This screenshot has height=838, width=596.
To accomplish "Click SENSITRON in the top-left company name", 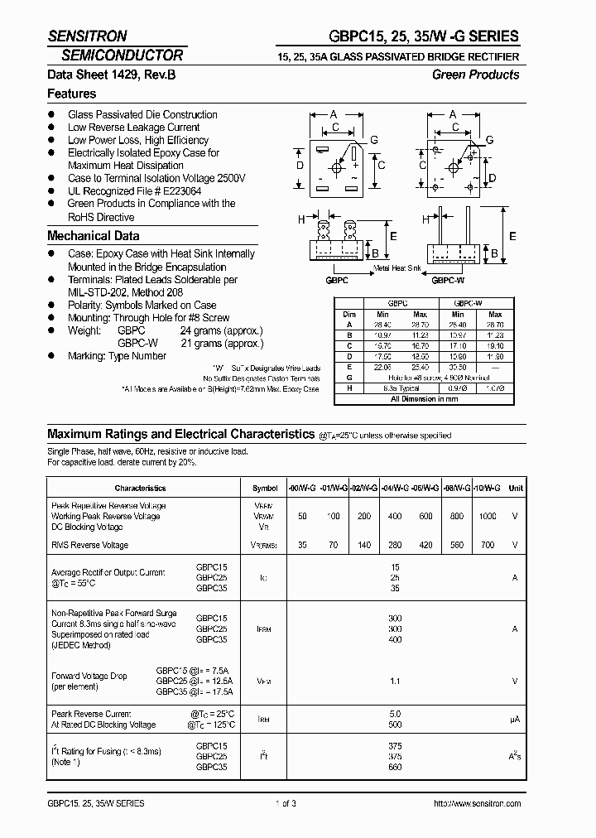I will [x=87, y=36].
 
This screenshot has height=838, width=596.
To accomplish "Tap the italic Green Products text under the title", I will [x=475, y=75].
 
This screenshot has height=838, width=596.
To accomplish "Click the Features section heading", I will [x=71, y=94].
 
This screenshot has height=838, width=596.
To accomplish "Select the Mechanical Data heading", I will [x=93, y=235].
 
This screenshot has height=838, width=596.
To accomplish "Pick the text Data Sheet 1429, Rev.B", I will [x=111, y=75].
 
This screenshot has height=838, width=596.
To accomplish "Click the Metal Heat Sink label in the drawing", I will [x=397, y=268].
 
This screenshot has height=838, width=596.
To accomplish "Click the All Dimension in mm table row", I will [x=424, y=399].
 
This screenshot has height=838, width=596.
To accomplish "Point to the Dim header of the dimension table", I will [x=348, y=315].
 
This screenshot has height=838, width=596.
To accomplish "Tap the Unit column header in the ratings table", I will [x=516, y=489].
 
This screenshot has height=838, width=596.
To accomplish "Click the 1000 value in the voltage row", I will [x=488, y=516].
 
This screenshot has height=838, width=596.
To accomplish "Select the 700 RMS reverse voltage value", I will [x=488, y=545].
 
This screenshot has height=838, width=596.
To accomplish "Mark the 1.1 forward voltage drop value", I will [x=394, y=681].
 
